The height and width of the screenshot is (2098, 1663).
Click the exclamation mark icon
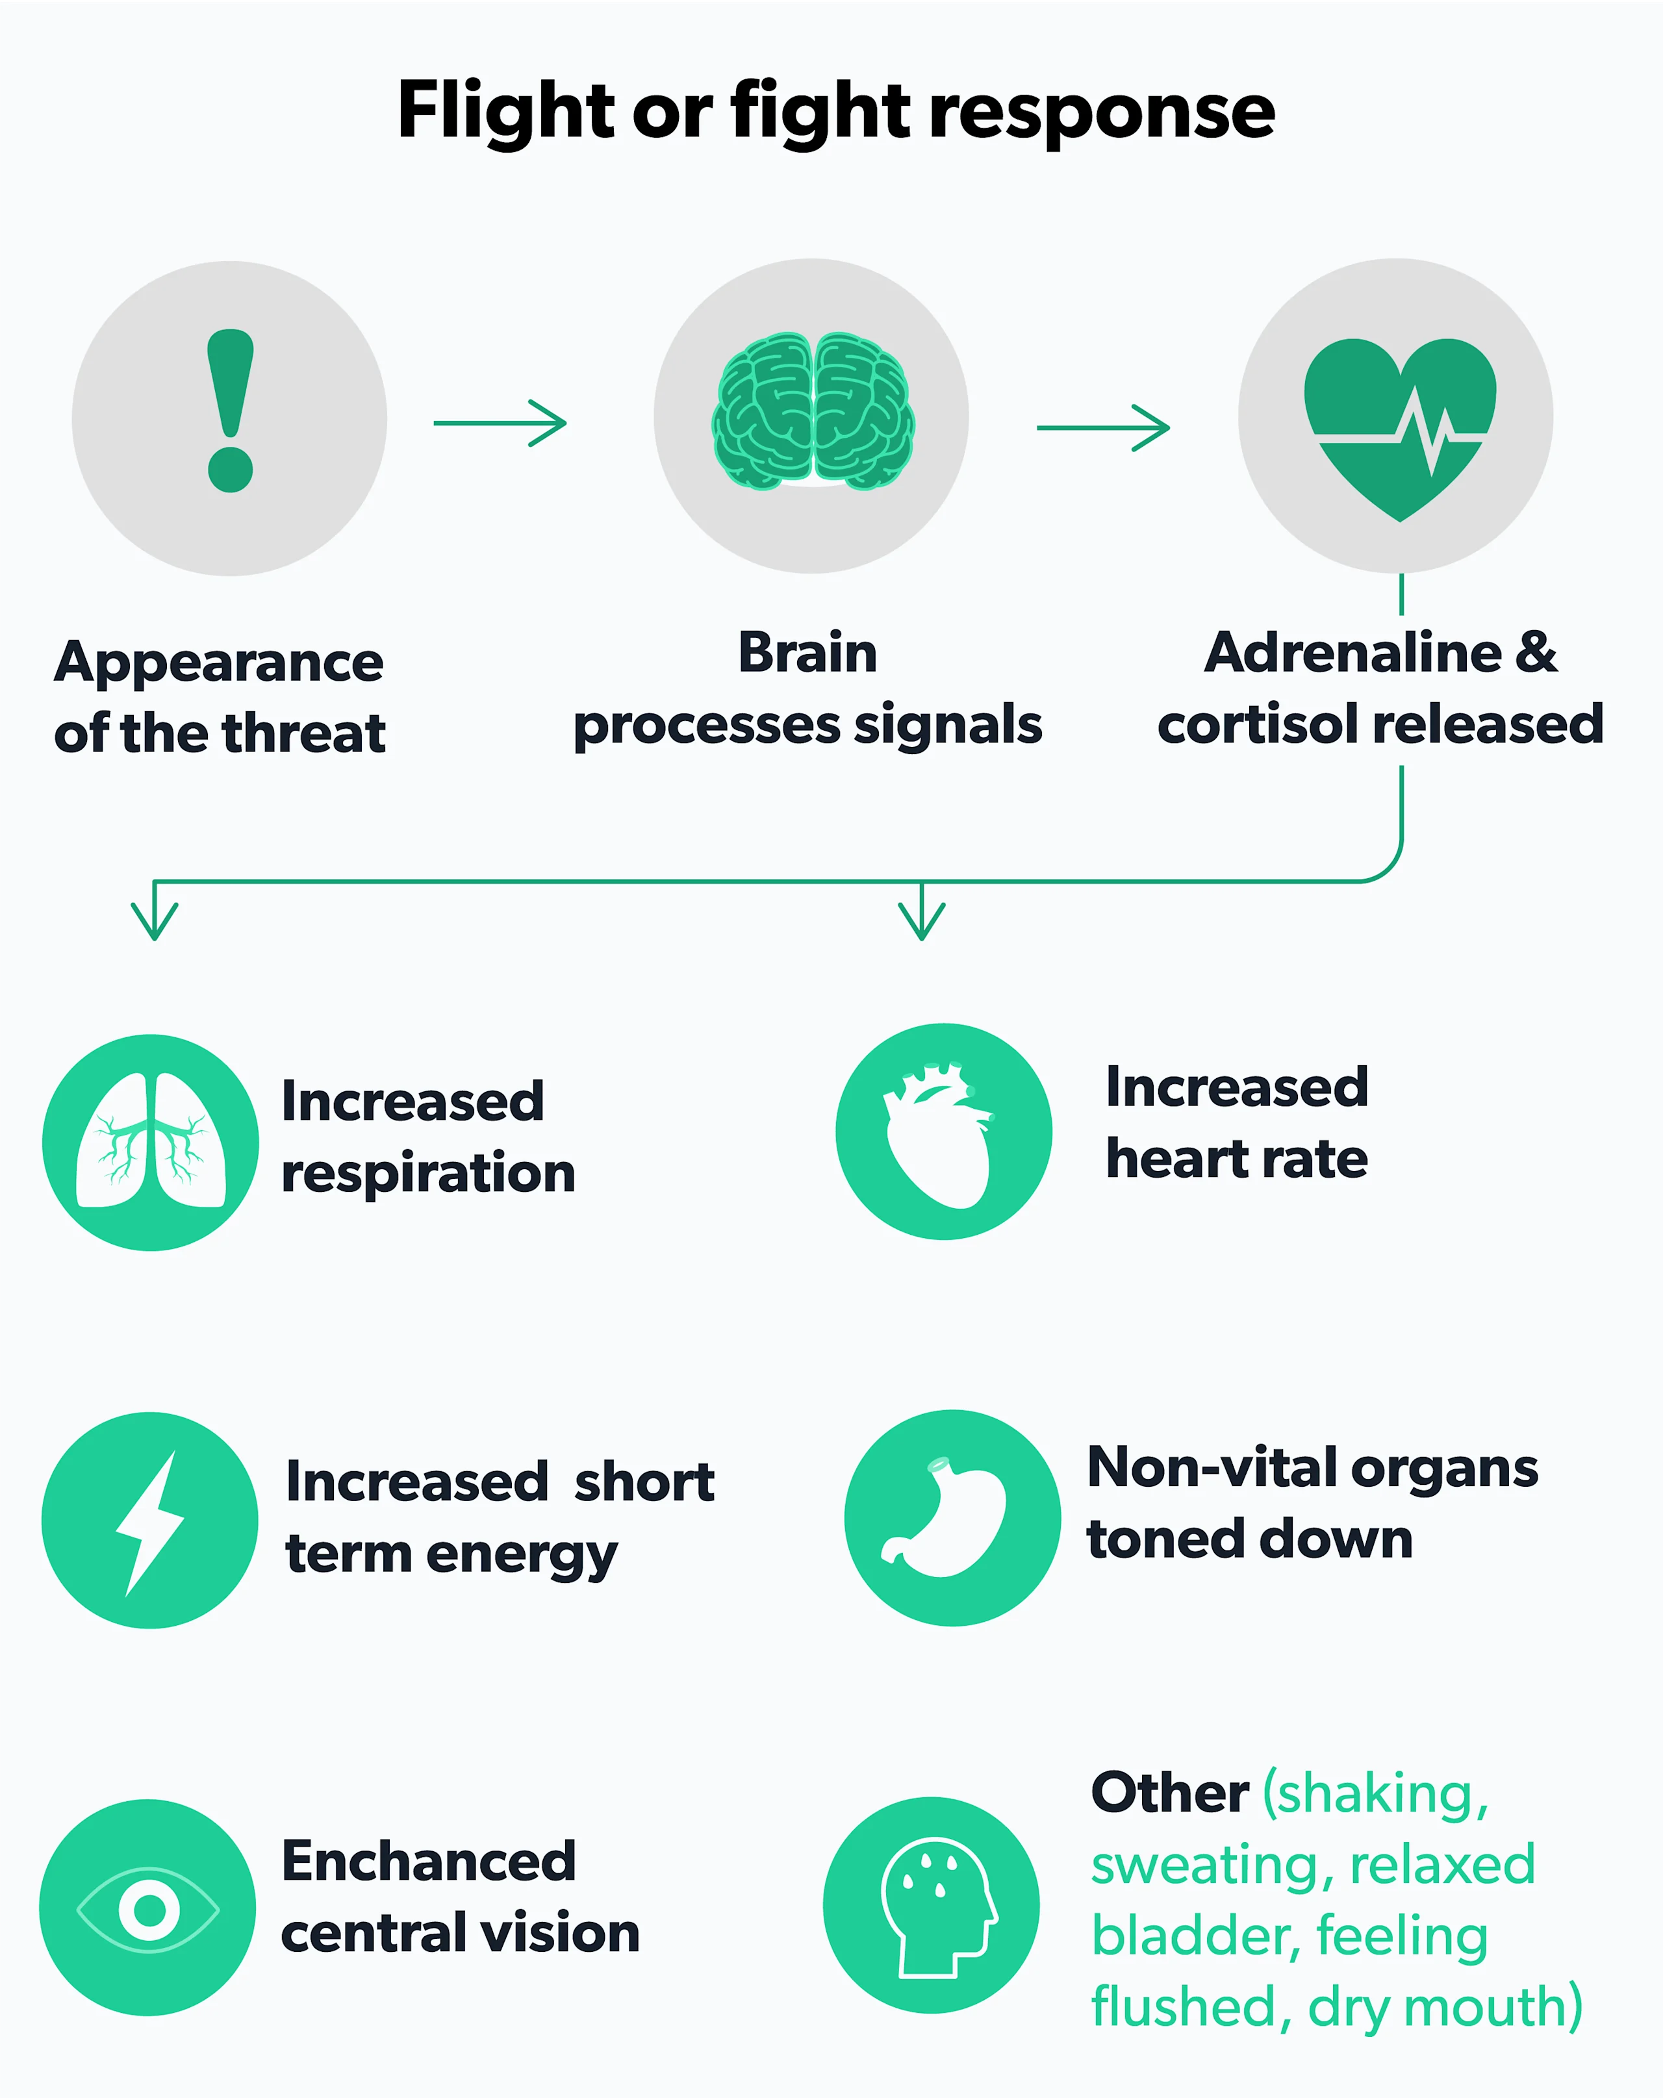[231, 411]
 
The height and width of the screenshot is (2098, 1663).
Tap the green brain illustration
[813, 411]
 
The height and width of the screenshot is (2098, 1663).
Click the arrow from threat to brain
[500, 423]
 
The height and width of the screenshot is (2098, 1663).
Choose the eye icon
[149, 1909]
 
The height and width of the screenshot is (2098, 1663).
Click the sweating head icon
[933, 1904]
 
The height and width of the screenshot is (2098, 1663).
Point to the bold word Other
[1170, 1793]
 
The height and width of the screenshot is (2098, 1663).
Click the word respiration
[428, 1174]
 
